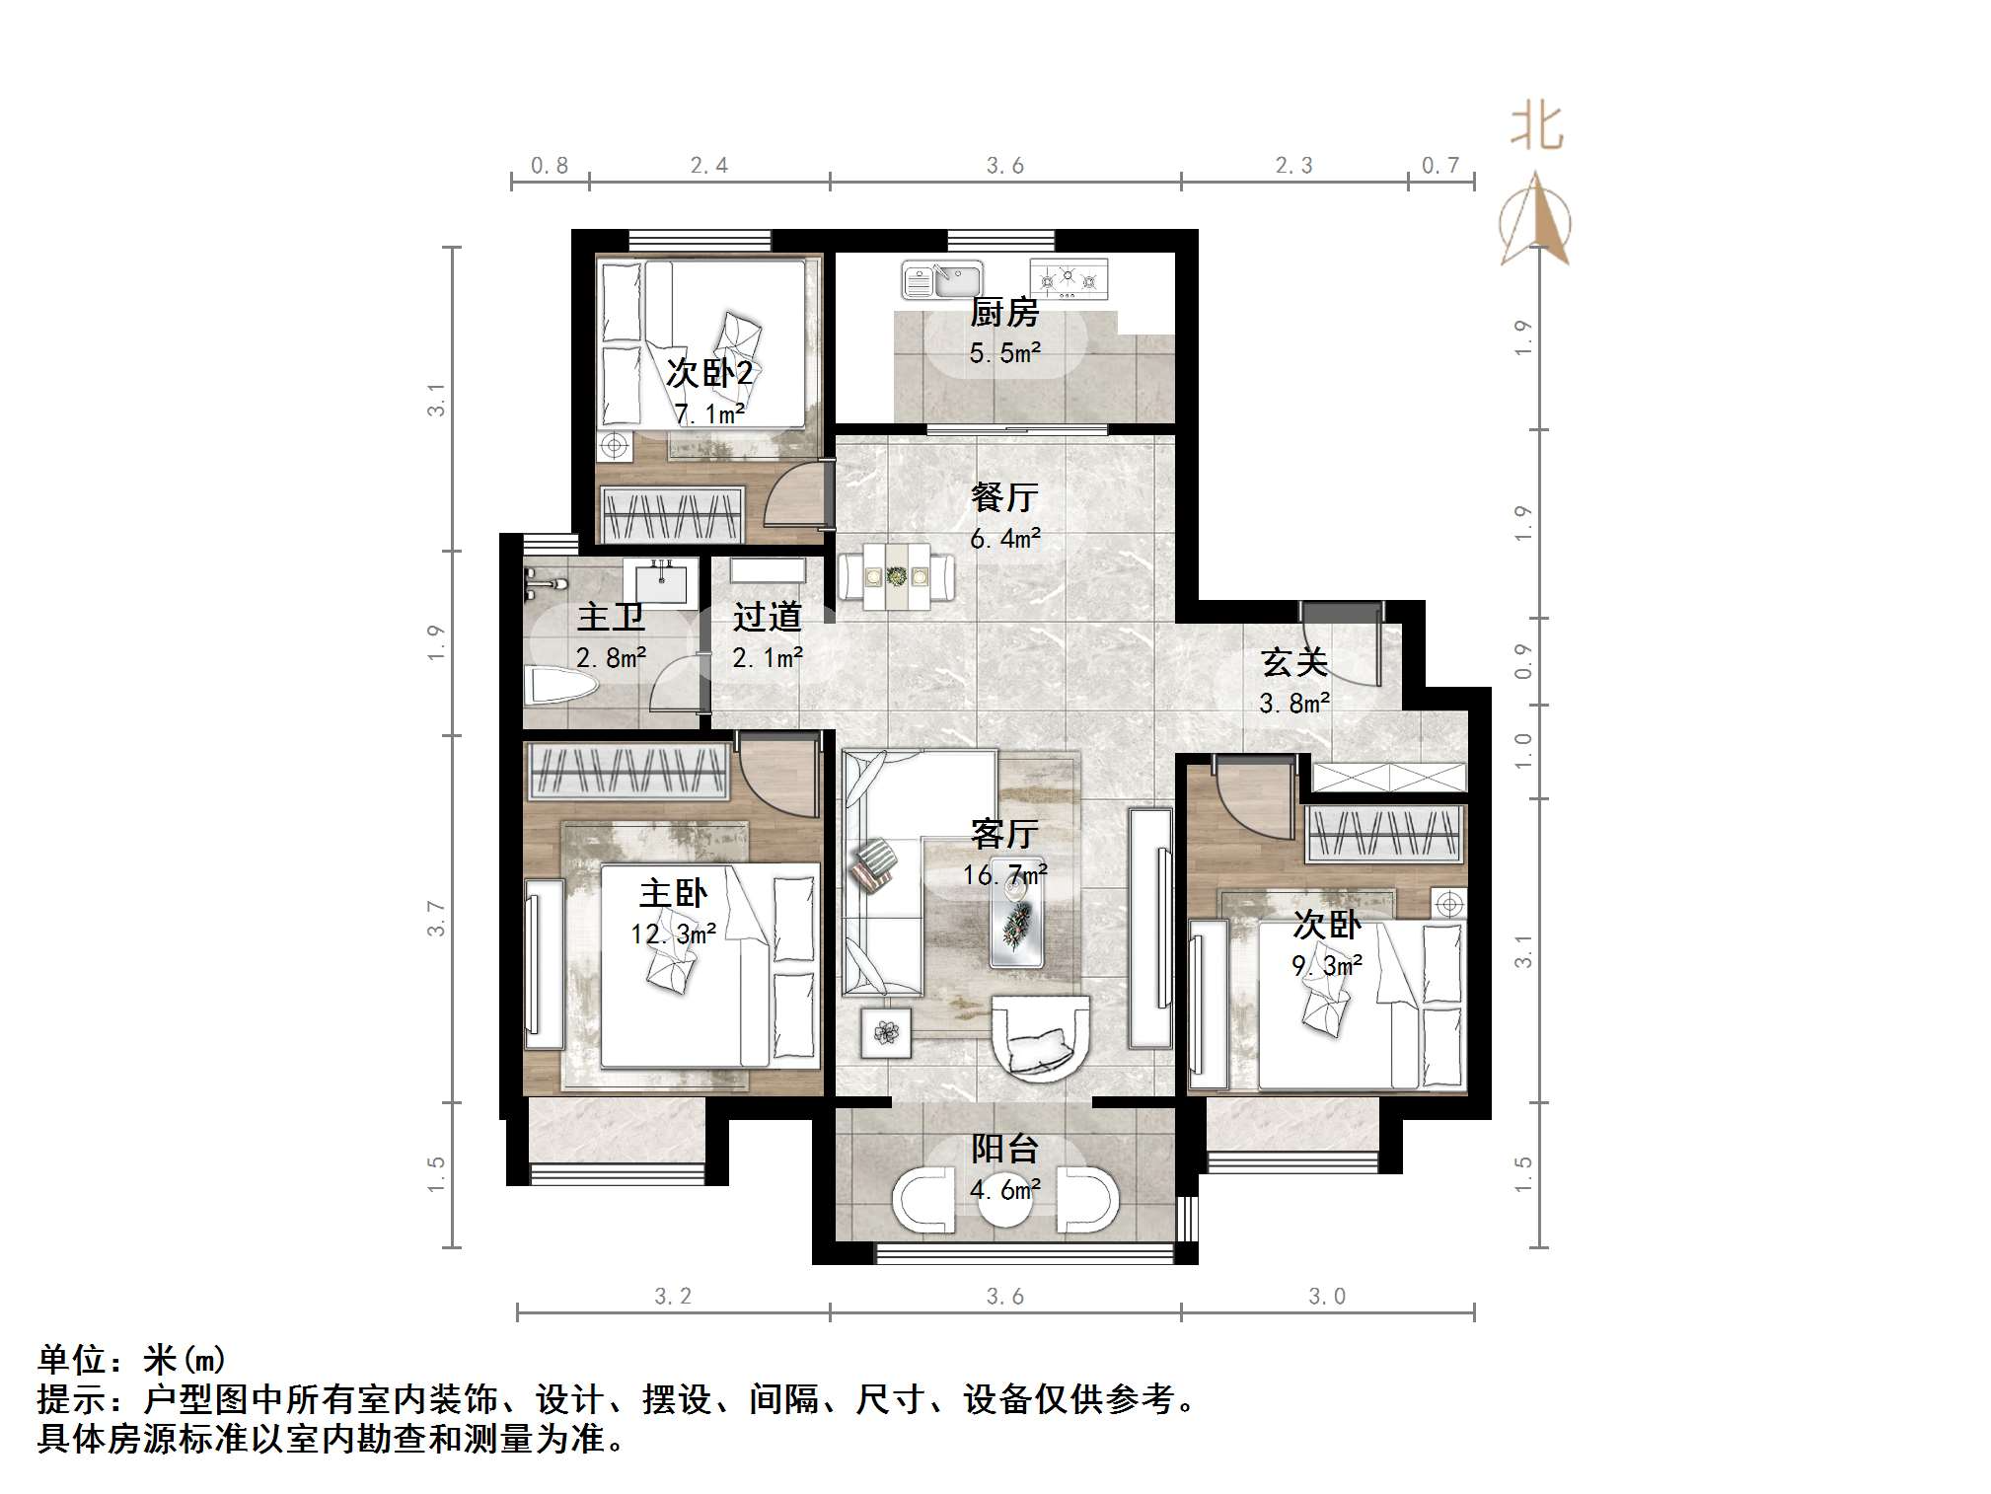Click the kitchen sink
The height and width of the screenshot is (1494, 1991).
943,279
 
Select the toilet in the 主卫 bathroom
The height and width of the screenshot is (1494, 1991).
559,685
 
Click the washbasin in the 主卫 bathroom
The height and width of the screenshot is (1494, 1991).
660,581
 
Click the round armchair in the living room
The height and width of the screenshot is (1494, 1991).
1040,1039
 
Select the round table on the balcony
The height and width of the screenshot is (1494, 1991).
1004,1198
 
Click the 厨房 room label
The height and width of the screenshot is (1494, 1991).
1004,313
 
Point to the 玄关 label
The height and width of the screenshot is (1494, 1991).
1293,662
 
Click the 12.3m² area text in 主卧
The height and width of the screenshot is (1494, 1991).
673,934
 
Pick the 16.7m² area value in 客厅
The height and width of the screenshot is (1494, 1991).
1004,874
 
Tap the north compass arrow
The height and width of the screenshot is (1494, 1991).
1535,219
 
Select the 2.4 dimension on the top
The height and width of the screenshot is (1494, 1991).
708,166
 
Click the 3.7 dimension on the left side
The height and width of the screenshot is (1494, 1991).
436,919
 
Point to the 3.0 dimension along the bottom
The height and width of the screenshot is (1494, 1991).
1326,1296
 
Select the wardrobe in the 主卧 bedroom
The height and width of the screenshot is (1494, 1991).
627,770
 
